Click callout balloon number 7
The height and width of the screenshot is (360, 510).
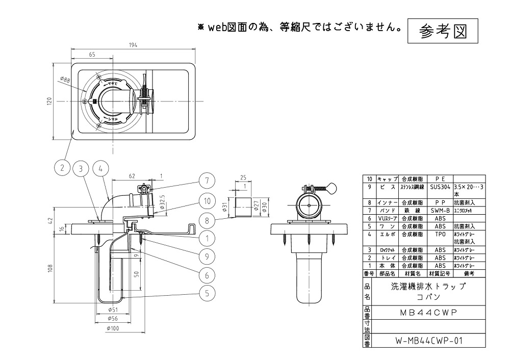[207, 181]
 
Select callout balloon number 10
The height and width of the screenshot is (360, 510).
[207, 201]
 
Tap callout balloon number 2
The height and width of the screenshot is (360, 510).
[62, 168]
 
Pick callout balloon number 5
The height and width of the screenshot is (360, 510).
[207, 293]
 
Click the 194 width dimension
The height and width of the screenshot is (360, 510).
[134, 45]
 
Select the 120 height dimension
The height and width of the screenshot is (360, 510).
[49, 101]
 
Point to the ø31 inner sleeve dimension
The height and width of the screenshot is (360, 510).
[225, 207]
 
